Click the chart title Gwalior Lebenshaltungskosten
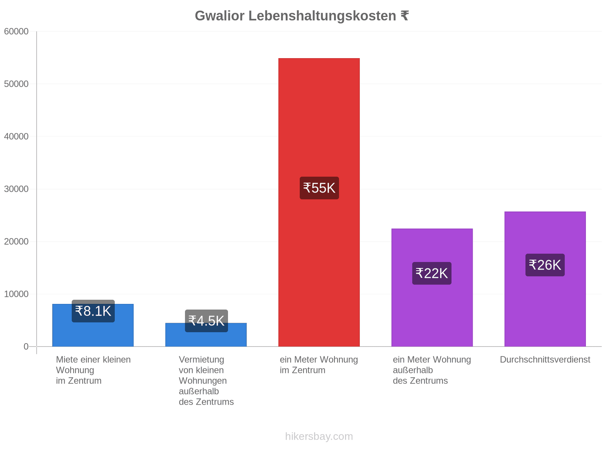(x=295, y=16)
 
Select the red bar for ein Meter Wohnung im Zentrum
(x=319, y=202)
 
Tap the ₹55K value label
(x=319, y=188)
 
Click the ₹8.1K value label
(x=93, y=311)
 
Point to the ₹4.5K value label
(x=206, y=320)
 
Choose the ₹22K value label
(x=431, y=273)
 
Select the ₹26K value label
(x=545, y=265)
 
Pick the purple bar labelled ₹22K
(x=432, y=287)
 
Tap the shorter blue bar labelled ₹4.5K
(x=206, y=334)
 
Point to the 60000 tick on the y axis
(x=16, y=31)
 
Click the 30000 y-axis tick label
(x=16, y=189)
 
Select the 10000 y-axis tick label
(x=16, y=294)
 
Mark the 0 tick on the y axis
(x=26, y=346)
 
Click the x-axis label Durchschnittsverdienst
(x=545, y=359)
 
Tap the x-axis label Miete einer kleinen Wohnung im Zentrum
(x=93, y=370)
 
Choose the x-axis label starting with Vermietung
(x=206, y=381)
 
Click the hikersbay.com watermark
(x=319, y=436)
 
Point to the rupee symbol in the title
(x=405, y=16)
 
